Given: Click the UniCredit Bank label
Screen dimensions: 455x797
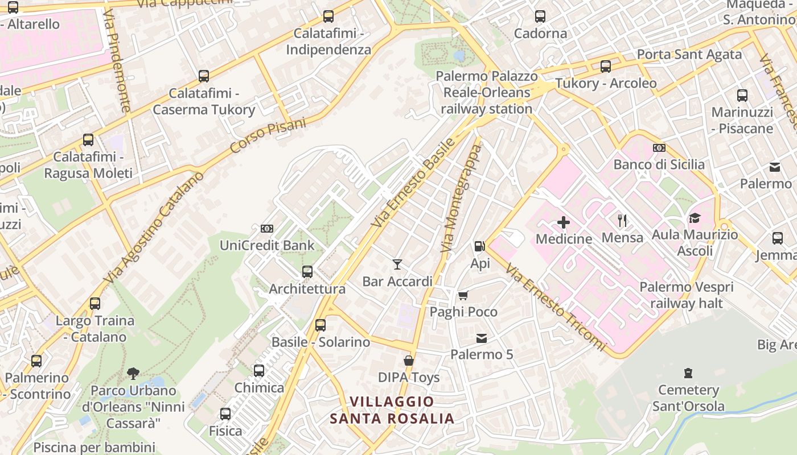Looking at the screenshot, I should click(x=267, y=246).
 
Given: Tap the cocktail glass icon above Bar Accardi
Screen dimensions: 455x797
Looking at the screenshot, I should click(x=397, y=264).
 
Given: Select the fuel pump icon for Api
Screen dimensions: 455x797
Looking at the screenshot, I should click(x=480, y=246).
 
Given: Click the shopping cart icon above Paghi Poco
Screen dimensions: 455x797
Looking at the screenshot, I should click(x=463, y=295).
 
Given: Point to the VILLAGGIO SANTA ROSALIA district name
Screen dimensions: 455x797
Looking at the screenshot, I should click(x=392, y=410).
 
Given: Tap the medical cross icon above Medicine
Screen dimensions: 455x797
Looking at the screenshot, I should click(x=564, y=222).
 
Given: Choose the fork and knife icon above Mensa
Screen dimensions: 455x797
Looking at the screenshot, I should click(x=622, y=221).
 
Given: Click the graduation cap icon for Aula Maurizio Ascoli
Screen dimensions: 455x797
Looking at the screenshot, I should click(x=695, y=218).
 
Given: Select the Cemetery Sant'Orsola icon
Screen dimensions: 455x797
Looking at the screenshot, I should click(x=688, y=374).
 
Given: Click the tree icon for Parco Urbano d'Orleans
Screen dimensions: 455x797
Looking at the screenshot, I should click(x=133, y=374).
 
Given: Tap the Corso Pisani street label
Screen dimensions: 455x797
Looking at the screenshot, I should click(x=268, y=135).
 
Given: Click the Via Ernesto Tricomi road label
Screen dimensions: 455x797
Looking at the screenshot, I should click(x=556, y=307).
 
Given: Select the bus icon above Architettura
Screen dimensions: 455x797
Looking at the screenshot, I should click(x=307, y=272).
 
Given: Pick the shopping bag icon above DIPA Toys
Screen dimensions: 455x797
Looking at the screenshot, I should click(x=409, y=361).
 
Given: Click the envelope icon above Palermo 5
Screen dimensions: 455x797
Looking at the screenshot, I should click(x=482, y=338).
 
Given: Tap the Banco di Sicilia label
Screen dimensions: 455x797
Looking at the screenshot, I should click(x=659, y=164).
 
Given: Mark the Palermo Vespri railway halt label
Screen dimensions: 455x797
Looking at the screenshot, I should click(x=686, y=295).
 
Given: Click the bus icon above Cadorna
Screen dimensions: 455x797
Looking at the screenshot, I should click(x=540, y=16).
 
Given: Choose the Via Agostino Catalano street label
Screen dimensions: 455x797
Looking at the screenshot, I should click(x=154, y=228).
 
